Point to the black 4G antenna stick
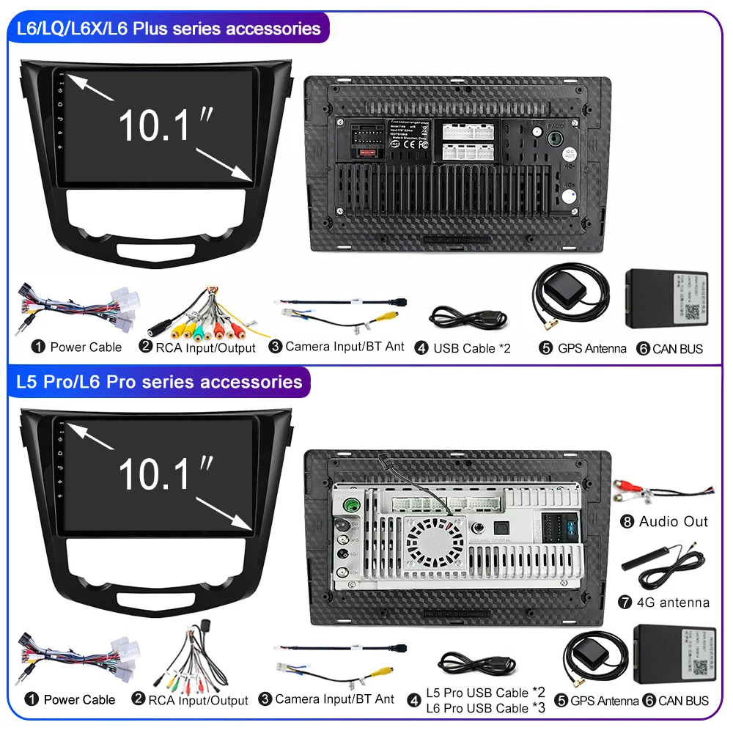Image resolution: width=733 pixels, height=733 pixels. pos(645,564)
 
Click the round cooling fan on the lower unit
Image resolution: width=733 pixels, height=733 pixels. pos(436,540)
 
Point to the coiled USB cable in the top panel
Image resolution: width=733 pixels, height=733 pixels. pos(466,317)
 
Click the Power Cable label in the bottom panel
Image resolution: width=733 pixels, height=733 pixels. pos(79,700)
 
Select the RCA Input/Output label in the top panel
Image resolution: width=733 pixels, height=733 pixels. pos(205,348)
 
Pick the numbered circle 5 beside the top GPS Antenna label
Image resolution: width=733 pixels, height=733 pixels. pos(545,348)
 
